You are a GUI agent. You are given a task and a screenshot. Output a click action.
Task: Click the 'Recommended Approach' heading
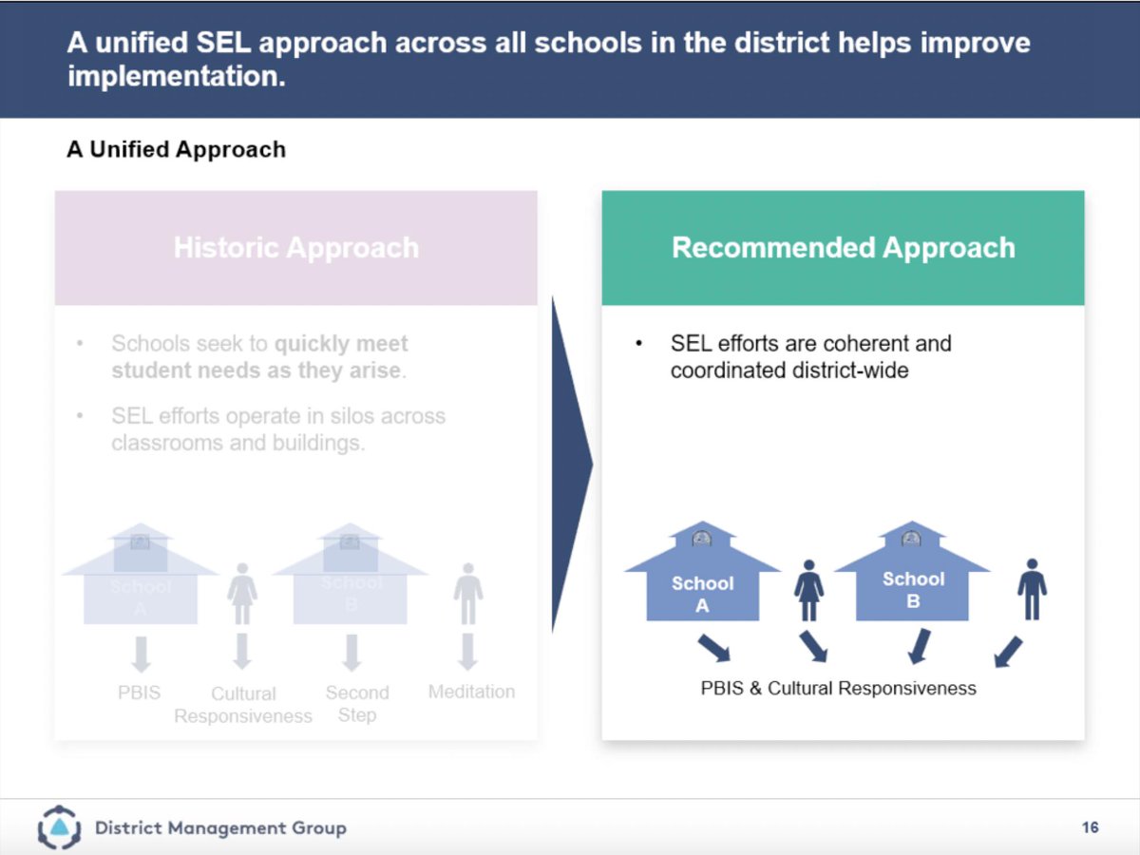coord(843,248)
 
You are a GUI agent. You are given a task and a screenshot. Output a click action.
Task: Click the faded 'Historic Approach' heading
coord(295,248)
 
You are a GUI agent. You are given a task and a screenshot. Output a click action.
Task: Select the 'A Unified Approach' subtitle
coord(176,149)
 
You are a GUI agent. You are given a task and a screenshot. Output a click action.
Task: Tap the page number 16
coord(1090,827)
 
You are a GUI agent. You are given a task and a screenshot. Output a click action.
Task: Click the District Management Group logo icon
coord(59,827)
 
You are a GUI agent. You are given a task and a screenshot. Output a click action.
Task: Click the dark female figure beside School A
coord(808,590)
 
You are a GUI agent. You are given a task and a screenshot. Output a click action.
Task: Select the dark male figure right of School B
coord(1032,589)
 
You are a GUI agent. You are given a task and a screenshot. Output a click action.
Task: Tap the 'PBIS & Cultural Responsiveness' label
coord(838,688)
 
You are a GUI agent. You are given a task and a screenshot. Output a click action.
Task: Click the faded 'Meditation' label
coord(471,692)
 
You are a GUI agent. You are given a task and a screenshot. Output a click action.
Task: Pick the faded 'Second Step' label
coord(357,704)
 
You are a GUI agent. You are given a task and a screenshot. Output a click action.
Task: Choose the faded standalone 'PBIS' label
coord(140,693)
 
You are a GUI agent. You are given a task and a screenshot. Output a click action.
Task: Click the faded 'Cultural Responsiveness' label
coord(243,705)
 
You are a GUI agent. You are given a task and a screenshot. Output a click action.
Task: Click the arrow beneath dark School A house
coord(713,648)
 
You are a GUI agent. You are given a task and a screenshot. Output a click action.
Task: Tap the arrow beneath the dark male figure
coord(1008,651)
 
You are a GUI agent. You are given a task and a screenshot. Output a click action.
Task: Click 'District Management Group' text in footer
coord(220,828)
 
